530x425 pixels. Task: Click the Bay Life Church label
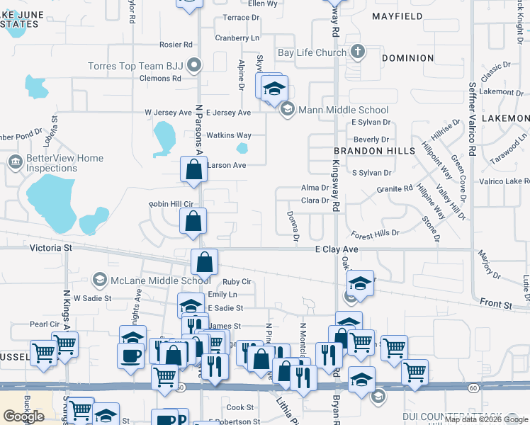coord(312,52)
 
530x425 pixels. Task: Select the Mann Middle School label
coord(344,110)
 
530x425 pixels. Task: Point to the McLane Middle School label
coord(152,280)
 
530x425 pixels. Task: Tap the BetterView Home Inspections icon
coord(14,162)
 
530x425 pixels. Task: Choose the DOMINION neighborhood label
coord(407,58)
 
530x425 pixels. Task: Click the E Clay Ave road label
coord(337,249)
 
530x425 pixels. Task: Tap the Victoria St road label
coord(51,248)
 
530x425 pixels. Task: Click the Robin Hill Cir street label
coord(171,203)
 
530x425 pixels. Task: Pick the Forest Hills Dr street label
coord(376,233)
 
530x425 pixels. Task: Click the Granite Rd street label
coord(395,188)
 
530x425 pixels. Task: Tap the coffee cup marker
coord(130,354)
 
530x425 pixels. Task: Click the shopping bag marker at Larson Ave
coord(193,171)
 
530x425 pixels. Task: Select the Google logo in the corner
coord(23,416)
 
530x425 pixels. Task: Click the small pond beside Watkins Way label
coord(242,149)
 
